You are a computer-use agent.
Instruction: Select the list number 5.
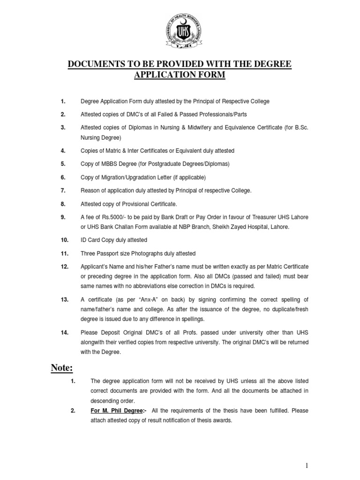[x=63, y=164]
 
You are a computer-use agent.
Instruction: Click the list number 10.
[x=64, y=240]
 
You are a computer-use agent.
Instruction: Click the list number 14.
[x=64, y=332]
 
